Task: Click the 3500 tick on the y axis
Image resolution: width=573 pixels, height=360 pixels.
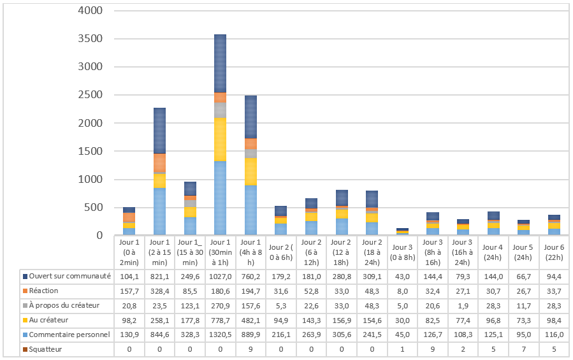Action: click(91, 38)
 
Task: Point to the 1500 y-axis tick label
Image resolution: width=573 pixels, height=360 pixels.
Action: click(91, 151)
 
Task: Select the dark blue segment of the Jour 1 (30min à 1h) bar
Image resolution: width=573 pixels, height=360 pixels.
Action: click(220, 64)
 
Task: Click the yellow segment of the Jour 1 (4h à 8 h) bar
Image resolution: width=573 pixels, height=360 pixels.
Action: click(250, 172)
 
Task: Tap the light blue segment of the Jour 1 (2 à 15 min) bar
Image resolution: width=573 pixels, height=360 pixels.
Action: click(160, 212)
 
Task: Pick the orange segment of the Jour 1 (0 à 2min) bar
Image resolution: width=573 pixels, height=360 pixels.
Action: click(129, 217)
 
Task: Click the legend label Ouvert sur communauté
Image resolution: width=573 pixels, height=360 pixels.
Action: click(70, 276)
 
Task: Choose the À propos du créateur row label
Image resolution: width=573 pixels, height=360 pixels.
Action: click(64, 305)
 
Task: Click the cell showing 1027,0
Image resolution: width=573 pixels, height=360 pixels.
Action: click(221, 277)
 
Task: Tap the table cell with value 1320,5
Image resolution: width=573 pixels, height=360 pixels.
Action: click(221, 335)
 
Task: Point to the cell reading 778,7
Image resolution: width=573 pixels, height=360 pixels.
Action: click(221, 320)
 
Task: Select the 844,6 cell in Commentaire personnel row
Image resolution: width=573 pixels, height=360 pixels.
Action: click(160, 335)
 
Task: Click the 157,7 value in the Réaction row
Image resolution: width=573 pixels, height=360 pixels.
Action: click(129, 291)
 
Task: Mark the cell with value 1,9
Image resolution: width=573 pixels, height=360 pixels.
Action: click(463, 306)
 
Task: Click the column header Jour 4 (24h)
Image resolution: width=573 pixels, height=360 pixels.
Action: click(493, 252)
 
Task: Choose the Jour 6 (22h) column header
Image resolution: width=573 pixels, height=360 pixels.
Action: click(554, 252)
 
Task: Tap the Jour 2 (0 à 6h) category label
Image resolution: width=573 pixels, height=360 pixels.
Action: click(280, 252)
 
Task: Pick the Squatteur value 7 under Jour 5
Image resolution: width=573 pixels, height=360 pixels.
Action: click(524, 349)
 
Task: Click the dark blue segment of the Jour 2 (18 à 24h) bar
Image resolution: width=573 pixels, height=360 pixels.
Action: click(372, 199)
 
